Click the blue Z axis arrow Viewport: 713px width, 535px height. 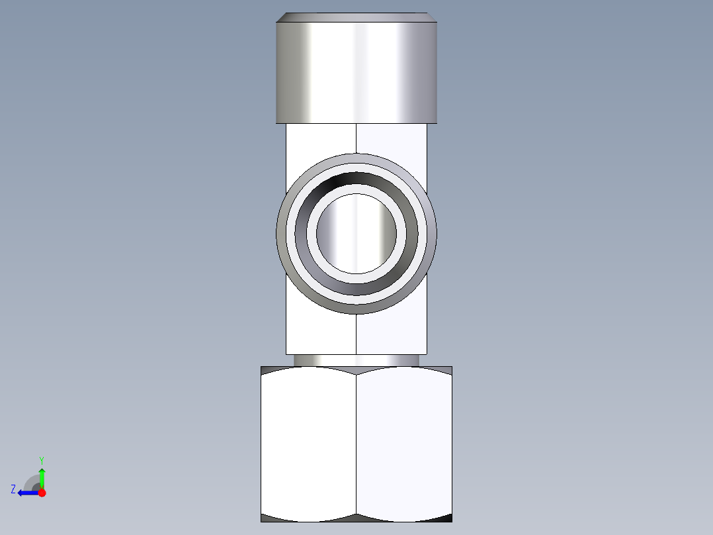point(26,493)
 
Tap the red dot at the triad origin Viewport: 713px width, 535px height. point(42,493)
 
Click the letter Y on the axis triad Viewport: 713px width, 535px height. point(42,460)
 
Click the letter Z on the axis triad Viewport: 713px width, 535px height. point(13,489)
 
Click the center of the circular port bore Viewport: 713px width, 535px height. point(356,233)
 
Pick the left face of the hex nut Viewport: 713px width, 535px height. point(309,444)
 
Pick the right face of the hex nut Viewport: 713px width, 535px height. point(404,444)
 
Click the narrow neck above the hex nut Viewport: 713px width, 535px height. point(356,360)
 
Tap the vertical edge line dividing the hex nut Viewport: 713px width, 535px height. point(356,444)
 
